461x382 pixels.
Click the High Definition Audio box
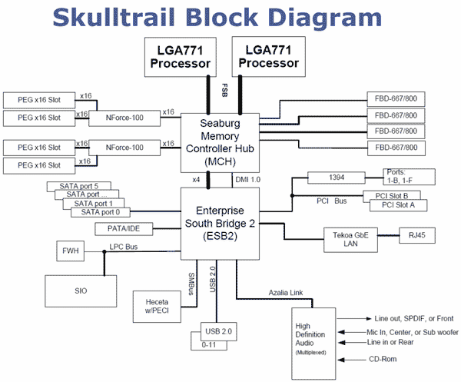[x=313, y=337]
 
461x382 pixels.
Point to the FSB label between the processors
[x=225, y=89]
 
